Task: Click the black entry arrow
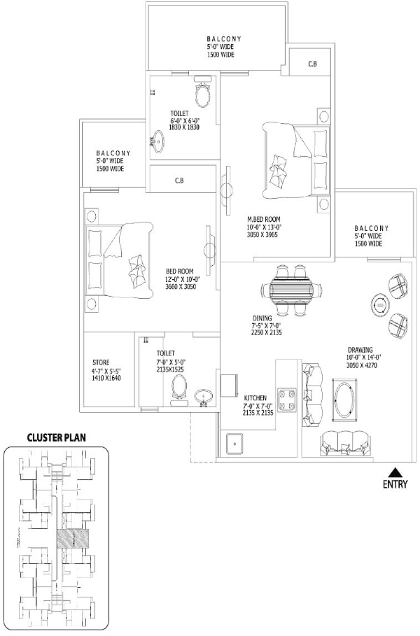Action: tap(395, 472)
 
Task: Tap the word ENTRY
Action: tap(395, 484)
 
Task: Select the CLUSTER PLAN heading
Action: tap(57, 438)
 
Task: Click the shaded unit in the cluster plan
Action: tap(73, 539)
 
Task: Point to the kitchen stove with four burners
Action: tap(287, 400)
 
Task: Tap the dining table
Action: tap(292, 290)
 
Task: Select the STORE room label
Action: tap(101, 362)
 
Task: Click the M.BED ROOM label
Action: tap(264, 220)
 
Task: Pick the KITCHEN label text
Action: tap(255, 398)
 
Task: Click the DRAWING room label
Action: tap(360, 350)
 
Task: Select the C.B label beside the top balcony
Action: tap(312, 64)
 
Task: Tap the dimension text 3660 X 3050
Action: tap(181, 287)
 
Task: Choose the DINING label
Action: tap(262, 318)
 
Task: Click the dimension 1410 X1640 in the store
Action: tap(106, 378)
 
